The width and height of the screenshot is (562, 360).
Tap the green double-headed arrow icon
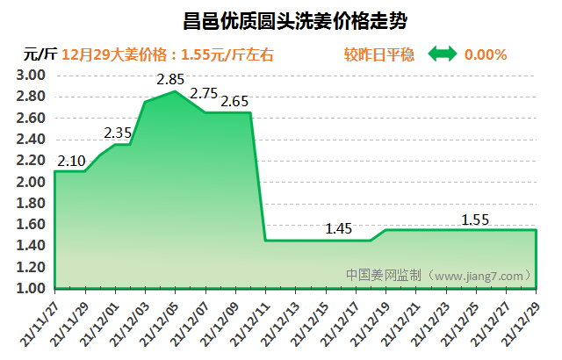(443, 54)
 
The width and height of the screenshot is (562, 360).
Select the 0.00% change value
(486, 54)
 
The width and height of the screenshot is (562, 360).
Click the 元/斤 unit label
(40, 54)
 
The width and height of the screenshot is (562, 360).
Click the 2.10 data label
(71, 160)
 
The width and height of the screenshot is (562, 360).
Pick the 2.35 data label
(118, 133)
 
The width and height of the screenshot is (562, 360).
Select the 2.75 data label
(204, 94)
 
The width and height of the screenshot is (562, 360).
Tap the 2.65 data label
(235, 102)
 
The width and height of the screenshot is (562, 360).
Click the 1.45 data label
(338, 229)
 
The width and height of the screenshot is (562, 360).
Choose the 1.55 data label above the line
(475, 220)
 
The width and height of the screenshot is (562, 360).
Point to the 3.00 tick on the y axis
(31, 76)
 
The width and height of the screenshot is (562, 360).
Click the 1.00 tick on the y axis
(31, 288)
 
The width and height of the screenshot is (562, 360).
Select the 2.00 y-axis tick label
(31, 182)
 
